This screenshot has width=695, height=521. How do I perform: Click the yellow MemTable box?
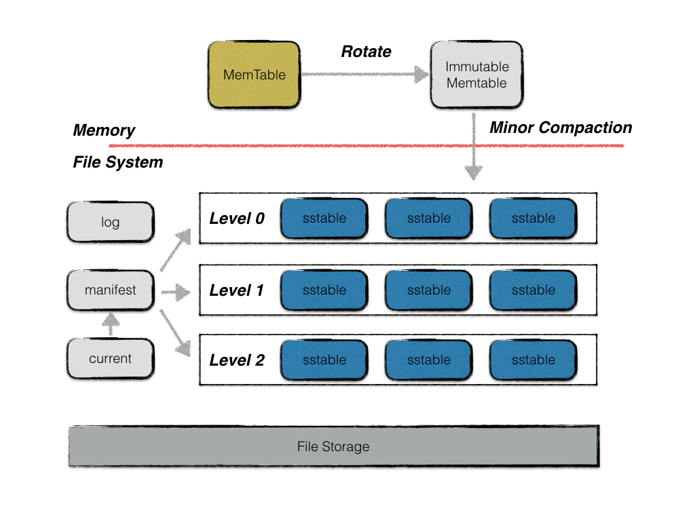254,75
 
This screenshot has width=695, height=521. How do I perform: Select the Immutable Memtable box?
476,75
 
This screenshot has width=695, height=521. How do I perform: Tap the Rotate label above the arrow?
366,52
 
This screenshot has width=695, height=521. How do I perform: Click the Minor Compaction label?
561,128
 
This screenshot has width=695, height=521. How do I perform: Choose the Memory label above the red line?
104,131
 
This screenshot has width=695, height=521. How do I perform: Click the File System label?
117,163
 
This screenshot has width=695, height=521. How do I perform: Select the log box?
110,222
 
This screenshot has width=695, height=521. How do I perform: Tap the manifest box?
110,290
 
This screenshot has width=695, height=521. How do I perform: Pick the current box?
110,359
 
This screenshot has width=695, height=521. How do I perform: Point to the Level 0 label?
236,218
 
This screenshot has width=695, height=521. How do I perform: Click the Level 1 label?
236,290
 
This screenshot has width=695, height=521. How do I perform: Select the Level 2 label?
236,360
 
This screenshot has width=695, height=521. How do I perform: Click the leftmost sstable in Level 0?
324,218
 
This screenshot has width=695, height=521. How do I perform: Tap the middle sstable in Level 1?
428,290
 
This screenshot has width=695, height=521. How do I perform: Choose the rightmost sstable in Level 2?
533,360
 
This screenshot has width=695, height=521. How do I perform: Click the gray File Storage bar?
333,446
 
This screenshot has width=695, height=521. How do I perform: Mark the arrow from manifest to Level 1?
175,293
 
